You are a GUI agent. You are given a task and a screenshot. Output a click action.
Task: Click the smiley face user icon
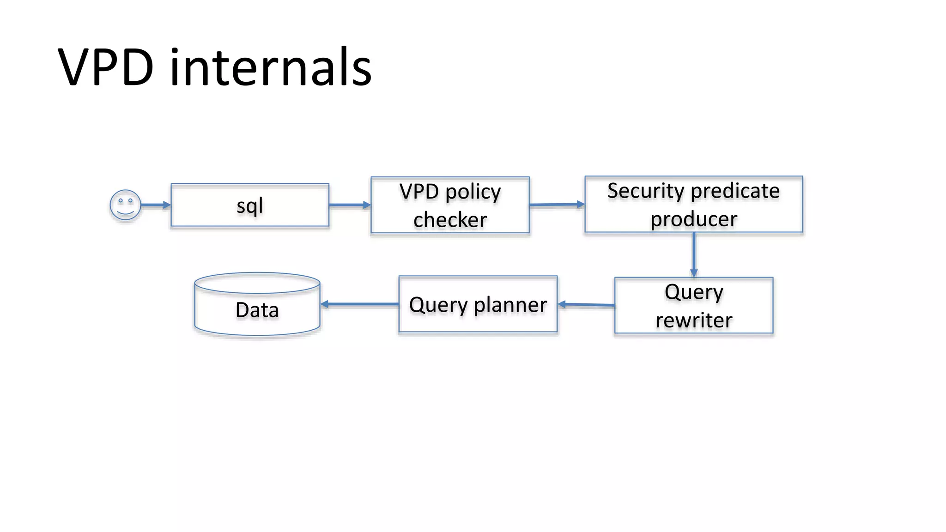(125, 205)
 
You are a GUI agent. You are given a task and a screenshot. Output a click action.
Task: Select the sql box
(250, 205)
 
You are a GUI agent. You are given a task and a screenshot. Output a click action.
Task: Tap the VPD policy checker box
(450, 205)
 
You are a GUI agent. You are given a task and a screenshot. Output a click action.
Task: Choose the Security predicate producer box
(693, 204)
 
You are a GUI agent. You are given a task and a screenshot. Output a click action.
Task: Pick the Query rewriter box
(693, 305)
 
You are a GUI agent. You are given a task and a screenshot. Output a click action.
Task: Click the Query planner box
(478, 304)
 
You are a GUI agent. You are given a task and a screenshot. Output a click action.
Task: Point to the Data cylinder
(257, 305)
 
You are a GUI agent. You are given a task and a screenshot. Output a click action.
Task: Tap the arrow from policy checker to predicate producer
(557, 204)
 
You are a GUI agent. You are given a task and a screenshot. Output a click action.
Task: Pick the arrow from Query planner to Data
(359, 304)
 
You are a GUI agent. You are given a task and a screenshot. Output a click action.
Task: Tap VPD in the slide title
(106, 67)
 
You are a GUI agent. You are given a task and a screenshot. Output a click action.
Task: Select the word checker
(450, 220)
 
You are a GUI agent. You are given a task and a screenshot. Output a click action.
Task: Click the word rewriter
(694, 320)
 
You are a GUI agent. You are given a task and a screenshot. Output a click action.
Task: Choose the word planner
(510, 305)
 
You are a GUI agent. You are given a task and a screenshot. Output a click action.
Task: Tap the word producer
(694, 219)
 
